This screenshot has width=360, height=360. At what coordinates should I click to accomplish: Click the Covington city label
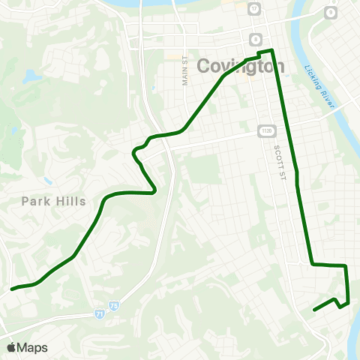click(241, 66)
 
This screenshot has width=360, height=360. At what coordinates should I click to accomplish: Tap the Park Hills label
click(54, 201)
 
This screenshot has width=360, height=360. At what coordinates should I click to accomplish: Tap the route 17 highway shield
click(254, 9)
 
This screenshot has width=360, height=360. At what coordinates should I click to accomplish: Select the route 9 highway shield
click(329, 13)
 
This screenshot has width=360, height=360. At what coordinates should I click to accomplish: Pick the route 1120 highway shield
click(266, 130)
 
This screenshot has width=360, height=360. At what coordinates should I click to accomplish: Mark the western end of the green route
click(12, 288)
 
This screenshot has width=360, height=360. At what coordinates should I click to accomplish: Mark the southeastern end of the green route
click(313, 308)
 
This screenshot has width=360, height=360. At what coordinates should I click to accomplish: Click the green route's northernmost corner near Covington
click(271, 50)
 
